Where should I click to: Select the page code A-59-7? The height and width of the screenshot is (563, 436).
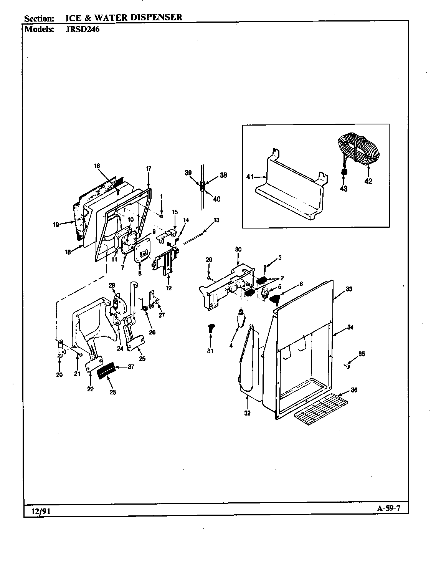click(388, 508)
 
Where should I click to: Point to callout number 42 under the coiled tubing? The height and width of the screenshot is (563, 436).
click(368, 181)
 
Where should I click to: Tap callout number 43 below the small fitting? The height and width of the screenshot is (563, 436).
click(344, 189)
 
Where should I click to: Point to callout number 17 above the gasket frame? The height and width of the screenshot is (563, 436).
click(149, 168)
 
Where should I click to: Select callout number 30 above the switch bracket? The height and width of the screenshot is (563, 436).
click(238, 249)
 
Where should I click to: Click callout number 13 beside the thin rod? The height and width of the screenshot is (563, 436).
click(217, 220)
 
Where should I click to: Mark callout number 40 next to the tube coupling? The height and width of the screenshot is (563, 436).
click(217, 199)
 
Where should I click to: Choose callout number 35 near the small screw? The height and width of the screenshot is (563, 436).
click(362, 354)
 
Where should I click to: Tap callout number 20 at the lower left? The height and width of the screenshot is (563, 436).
click(59, 375)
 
